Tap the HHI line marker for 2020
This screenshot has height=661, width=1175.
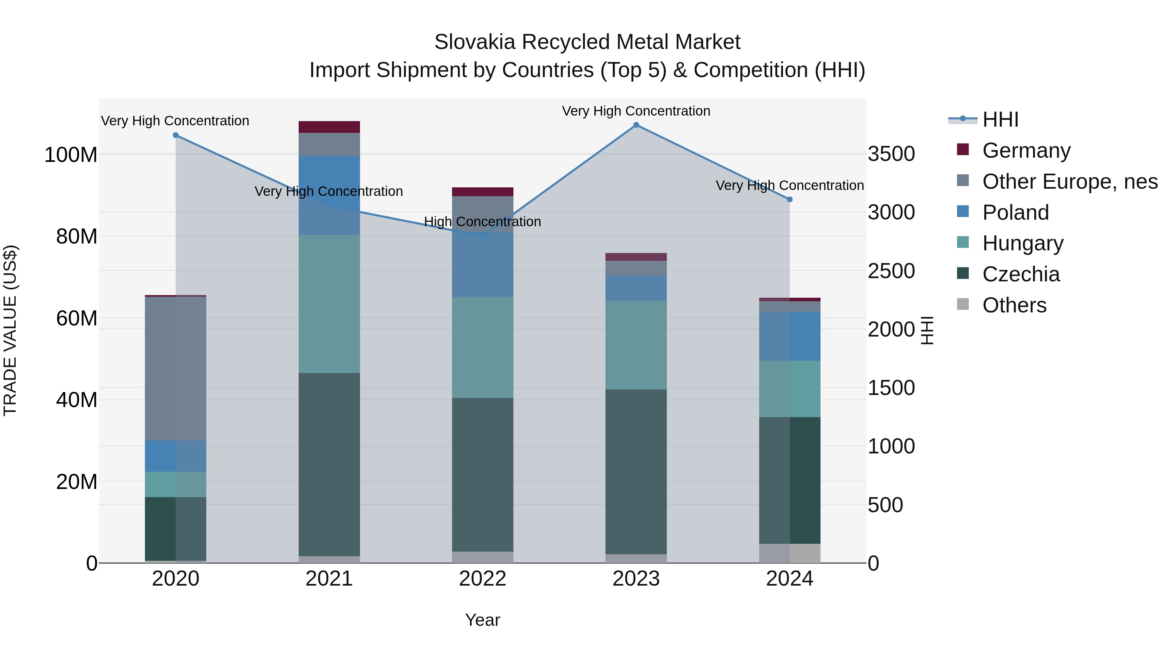(x=176, y=135)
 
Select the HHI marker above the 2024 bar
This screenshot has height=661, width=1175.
(x=790, y=199)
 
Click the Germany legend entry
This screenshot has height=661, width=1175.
(x=1026, y=150)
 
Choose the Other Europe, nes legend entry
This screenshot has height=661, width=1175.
(x=1070, y=181)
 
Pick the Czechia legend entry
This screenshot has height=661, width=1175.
(x=1021, y=274)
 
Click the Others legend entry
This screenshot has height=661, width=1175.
(x=1014, y=305)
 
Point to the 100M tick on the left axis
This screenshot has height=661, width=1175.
(x=71, y=155)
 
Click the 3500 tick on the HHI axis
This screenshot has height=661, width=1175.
(x=891, y=154)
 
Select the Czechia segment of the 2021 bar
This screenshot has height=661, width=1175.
(x=329, y=464)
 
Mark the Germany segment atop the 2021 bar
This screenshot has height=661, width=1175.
(x=329, y=127)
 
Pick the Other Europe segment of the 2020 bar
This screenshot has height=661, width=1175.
(x=176, y=368)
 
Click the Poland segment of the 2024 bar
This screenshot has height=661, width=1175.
(x=790, y=336)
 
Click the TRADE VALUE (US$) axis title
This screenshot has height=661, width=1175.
(x=10, y=330)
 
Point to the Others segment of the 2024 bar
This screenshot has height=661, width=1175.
(x=790, y=553)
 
